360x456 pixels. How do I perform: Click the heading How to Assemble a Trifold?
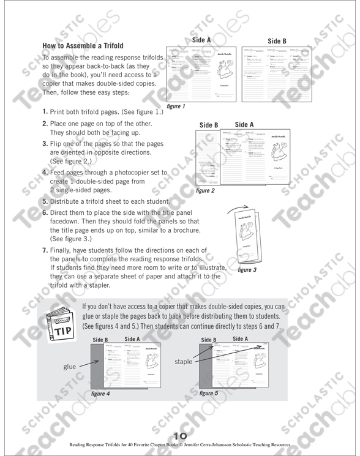click(83, 45)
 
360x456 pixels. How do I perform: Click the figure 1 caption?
click(176, 107)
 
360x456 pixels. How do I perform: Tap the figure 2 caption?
click(205, 191)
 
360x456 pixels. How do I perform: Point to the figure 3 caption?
click(247, 269)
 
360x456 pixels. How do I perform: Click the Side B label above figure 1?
click(277, 42)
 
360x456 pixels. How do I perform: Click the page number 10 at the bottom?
click(179, 436)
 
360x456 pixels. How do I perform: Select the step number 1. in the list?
click(46, 113)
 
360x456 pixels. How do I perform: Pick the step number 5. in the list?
click(46, 201)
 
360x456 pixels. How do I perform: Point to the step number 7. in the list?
click(46, 250)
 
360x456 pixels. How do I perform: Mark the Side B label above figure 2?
click(209, 125)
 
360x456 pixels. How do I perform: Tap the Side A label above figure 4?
click(132, 338)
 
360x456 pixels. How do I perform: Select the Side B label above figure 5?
click(209, 339)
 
